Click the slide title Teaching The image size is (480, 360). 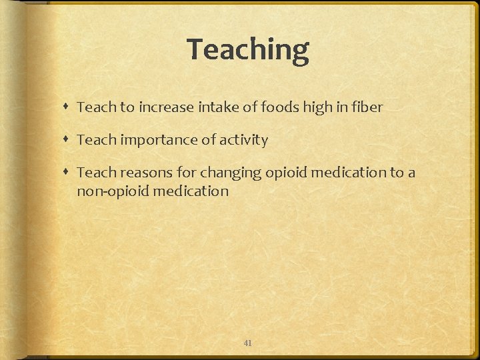tap(248, 50)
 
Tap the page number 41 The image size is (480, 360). tap(247, 343)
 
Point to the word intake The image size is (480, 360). tap(216, 107)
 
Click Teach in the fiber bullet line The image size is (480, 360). tap(96, 107)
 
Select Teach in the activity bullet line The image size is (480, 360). tap(96, 140)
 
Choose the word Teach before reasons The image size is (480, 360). tap(96, 173)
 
